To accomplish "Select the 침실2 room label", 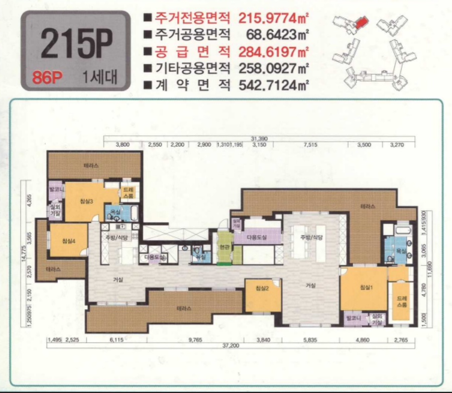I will (x=262, y=288).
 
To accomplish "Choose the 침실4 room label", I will (x=69, y=241).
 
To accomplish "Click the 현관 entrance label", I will (x=223, y=247).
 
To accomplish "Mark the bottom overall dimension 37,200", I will (x=231, y=346).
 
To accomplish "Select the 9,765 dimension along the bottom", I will (x=194, y=340).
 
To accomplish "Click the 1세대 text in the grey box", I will (x=100, y=78).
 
